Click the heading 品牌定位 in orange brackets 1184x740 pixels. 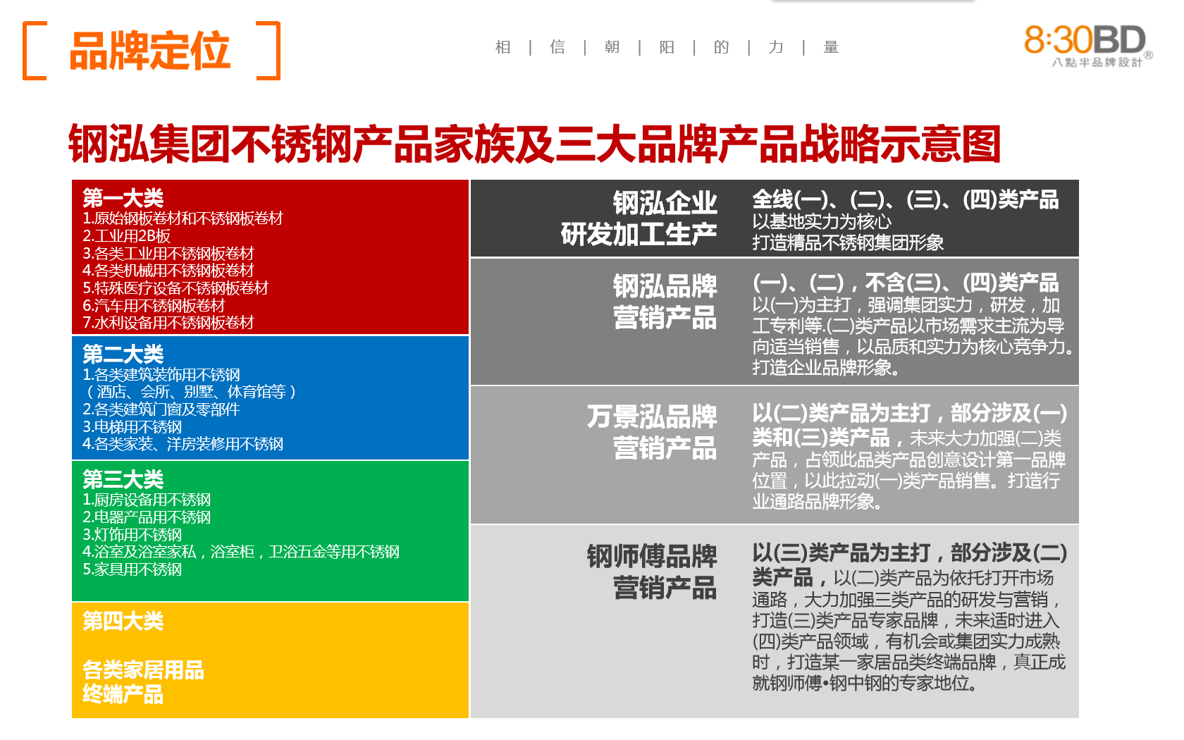click(x=150, y=51)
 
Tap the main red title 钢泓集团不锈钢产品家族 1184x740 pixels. click(x=534, y=144)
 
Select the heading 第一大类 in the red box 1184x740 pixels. click(x=123, y=198)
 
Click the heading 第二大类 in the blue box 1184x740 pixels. click(x=123, y=354)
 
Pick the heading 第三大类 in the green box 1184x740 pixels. click(x=123, y=479)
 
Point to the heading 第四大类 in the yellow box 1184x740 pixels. click(x=123, y=621)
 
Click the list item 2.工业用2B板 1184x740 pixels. click(x=126, y=235)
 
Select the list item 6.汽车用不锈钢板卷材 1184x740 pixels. click(x=154, y=306)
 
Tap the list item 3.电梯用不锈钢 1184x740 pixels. click(x=132, y=426)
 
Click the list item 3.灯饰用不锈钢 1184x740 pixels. click(x=132, y=534)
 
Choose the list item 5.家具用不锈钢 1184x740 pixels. click(x=132, y=569)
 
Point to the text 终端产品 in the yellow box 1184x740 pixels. click(x=123, y=694)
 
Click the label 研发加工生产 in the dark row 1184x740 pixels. click(x=639, y=234)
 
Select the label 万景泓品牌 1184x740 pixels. click(x=652, y=417)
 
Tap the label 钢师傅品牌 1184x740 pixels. click(x=652, y=556)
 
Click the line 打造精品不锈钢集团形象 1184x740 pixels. click(x=848, y=242)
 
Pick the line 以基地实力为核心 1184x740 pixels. click(x=822, y=221)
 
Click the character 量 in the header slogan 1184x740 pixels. click(x=830, y=48)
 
